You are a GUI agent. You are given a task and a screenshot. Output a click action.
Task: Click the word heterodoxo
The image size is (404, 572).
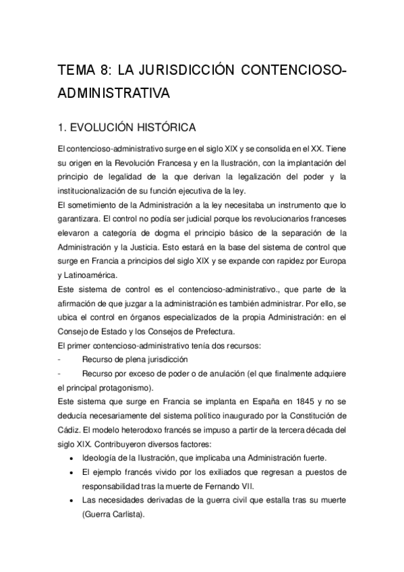pos(148,430)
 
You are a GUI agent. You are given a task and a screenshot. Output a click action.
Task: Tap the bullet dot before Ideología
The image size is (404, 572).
pos(72,458)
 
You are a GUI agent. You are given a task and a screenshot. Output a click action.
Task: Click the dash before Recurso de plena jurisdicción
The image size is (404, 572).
pos(61,360)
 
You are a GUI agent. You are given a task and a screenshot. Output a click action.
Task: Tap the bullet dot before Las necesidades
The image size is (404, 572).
pos(72,500)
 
